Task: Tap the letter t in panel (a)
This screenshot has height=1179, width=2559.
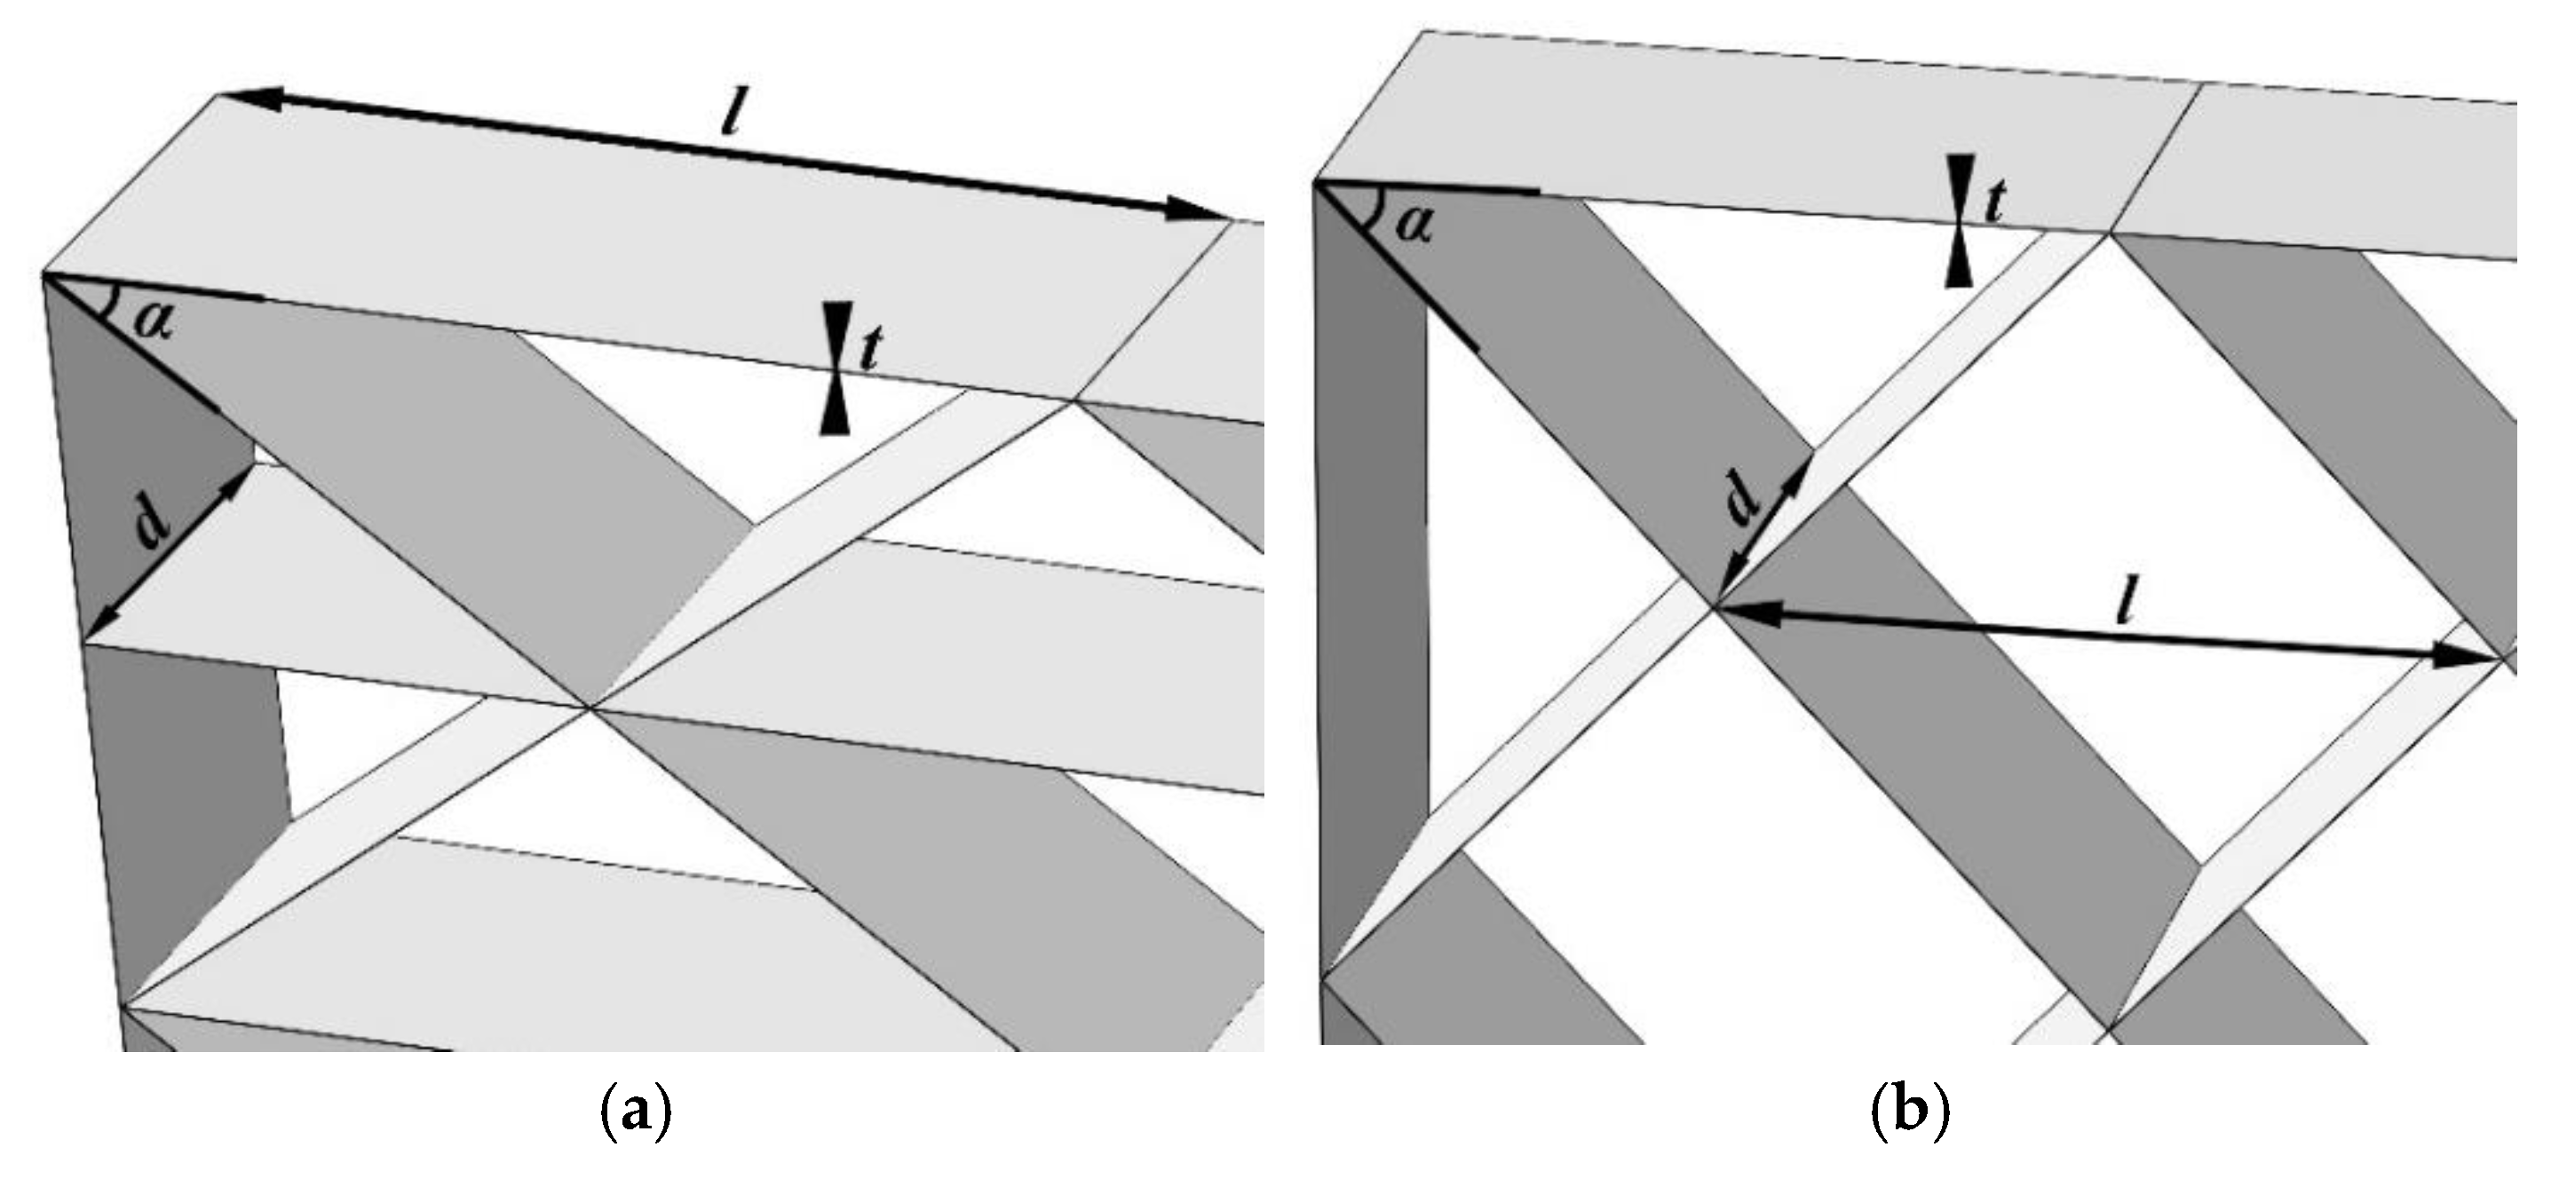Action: pyautogui.click(x=870, y=349)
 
